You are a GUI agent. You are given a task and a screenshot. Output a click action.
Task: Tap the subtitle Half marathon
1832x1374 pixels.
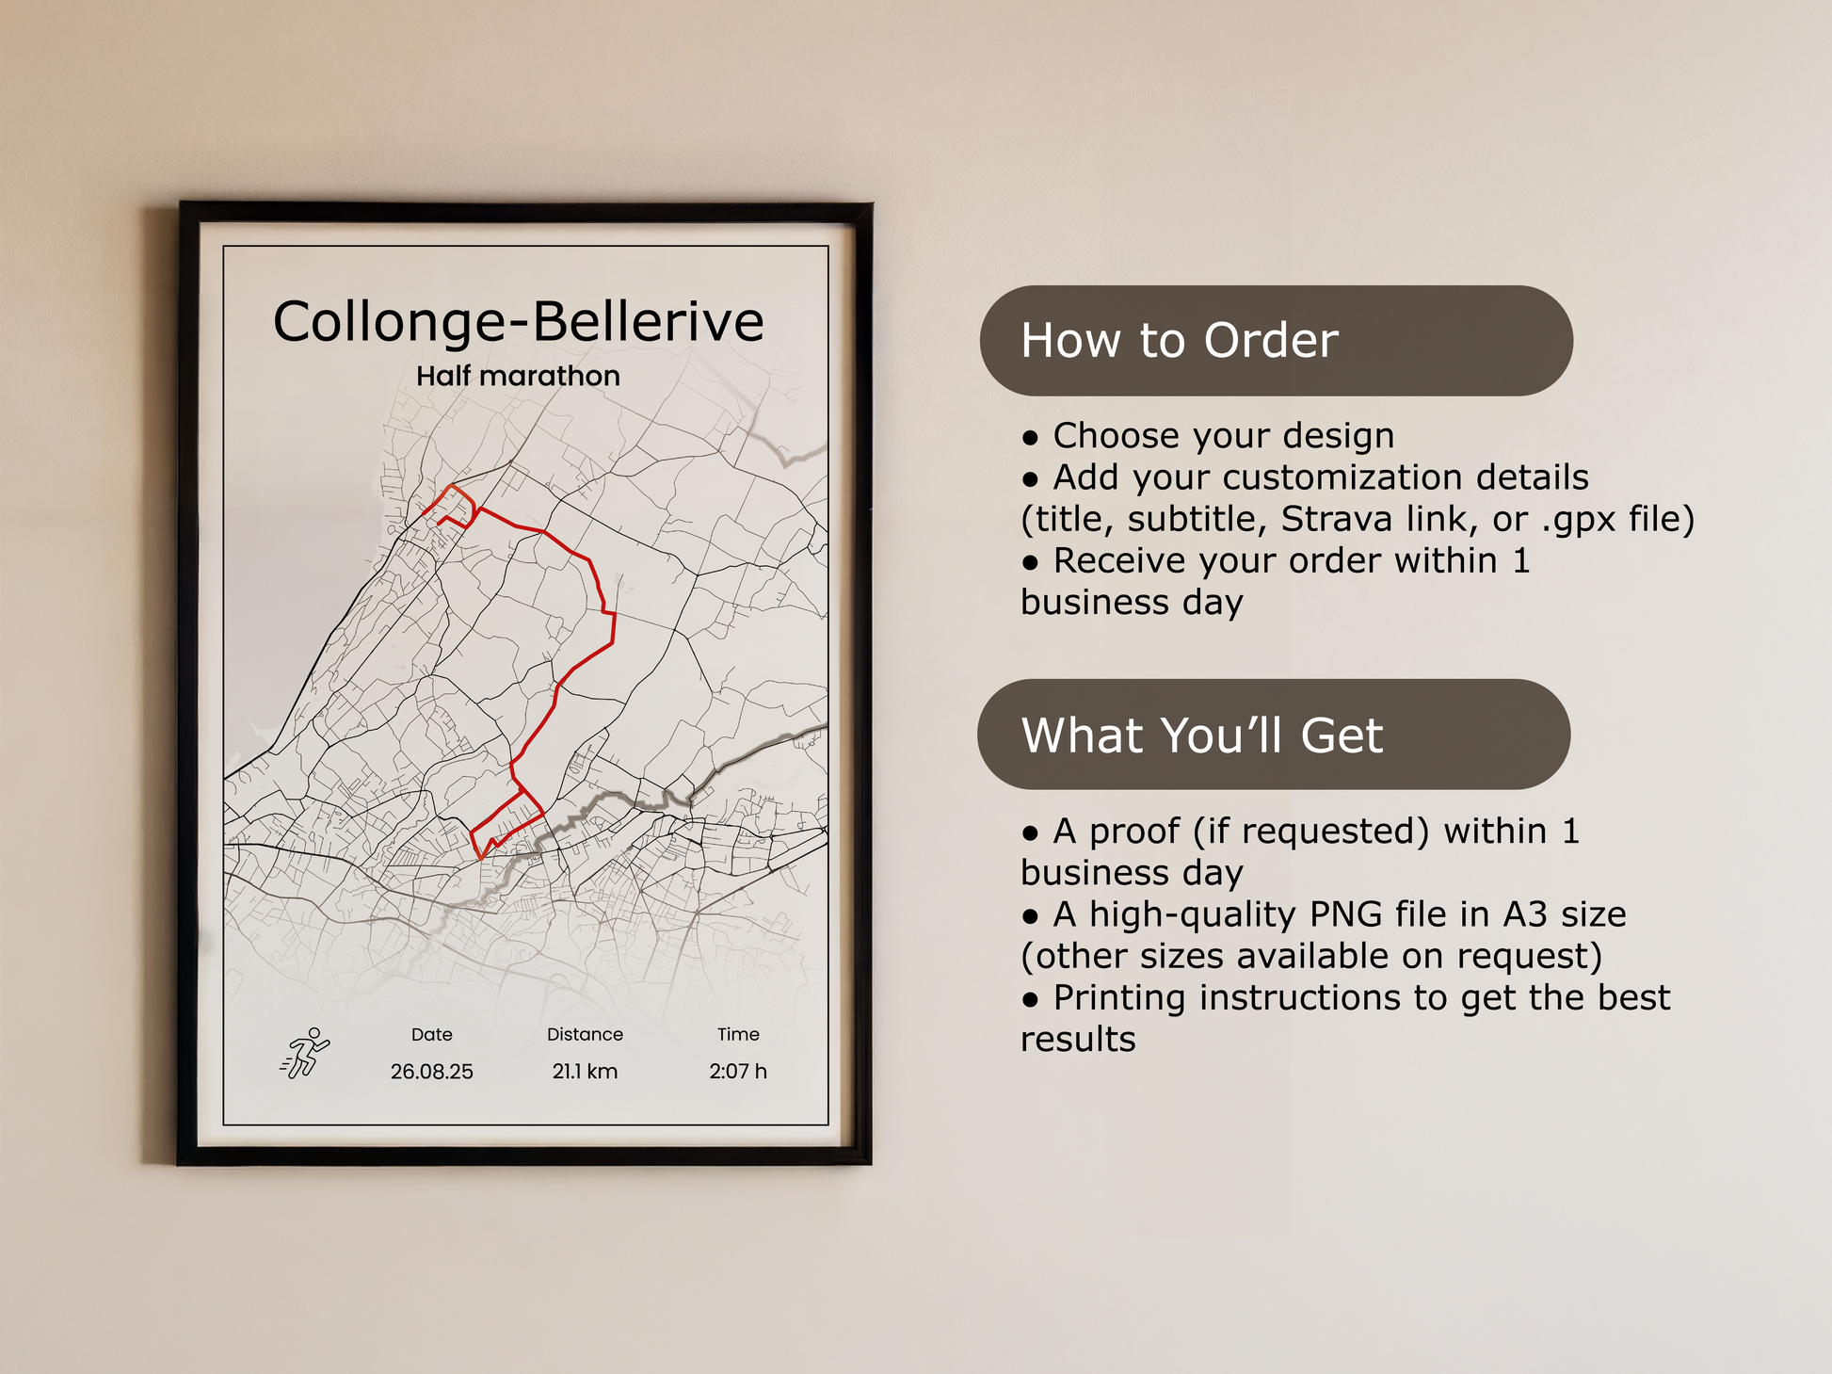pos(518,376)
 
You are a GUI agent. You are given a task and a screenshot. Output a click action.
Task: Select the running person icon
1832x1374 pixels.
pos(305,1053)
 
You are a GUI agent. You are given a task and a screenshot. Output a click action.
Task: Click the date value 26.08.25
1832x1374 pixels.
pos(432,1072)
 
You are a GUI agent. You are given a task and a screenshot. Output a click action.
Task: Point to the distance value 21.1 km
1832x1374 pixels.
pos(585,1072)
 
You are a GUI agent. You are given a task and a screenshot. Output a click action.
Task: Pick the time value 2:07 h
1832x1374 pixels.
pos(738,1072)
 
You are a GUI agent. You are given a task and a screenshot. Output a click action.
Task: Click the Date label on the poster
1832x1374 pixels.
pos(432,1034)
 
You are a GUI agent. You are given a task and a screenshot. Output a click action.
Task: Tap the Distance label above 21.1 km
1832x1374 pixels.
pos(585,1034)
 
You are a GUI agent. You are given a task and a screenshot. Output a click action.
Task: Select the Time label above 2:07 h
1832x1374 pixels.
pos(738,1034)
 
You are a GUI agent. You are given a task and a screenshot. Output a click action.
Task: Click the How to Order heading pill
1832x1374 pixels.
pos(1276,341)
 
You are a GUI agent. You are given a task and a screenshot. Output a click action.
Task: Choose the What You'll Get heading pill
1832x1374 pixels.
pos(1274,735)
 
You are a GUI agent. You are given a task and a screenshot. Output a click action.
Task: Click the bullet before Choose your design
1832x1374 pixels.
pos(1030,438)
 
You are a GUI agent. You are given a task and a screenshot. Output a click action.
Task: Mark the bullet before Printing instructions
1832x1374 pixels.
pos(1030,999)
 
